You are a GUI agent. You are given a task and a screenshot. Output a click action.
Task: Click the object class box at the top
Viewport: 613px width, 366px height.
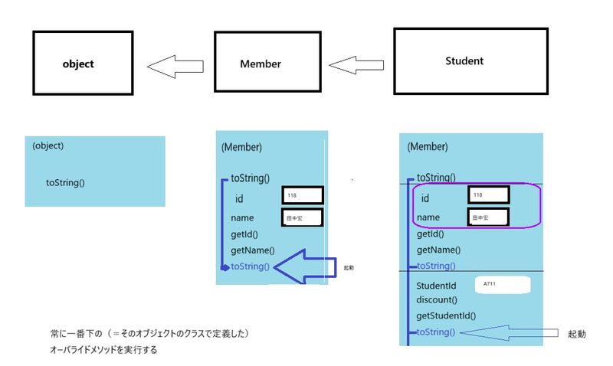78,64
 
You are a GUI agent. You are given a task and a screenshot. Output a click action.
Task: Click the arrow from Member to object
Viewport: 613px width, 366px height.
175,67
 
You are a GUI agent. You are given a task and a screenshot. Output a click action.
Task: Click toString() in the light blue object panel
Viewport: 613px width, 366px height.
65,182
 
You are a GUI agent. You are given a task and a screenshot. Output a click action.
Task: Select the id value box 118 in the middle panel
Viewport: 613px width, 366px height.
302,197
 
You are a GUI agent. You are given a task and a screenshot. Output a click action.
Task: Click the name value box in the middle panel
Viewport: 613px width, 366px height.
302,218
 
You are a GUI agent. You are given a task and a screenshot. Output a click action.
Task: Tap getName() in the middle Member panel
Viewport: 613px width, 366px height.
252,250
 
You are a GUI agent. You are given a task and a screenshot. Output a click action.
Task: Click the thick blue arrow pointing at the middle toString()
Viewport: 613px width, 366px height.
306,266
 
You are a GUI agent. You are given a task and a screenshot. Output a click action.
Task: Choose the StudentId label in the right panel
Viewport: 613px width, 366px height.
437,286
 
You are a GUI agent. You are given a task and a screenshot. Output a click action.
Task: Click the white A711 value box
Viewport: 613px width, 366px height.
502,284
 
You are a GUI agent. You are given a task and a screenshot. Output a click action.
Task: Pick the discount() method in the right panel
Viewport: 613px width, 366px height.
437,300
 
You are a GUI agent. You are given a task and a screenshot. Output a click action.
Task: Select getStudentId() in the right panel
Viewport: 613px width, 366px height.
446,315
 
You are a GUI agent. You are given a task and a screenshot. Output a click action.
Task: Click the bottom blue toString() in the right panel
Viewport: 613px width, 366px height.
434,332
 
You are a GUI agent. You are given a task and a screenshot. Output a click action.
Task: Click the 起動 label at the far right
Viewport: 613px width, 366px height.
577,334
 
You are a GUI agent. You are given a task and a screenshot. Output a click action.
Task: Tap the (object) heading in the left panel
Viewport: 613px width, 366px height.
48,145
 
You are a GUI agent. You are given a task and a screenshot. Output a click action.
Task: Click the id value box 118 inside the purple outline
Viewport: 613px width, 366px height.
488,196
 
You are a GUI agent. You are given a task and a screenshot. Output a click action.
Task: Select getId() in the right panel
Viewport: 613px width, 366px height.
433,235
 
